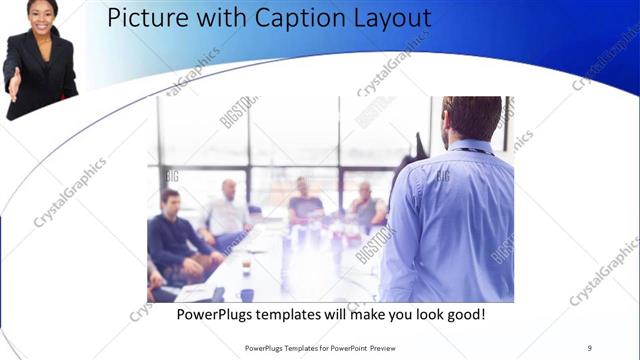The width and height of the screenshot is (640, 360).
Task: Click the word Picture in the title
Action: coord(141,18)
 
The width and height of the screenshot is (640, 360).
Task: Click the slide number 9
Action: coord(589,347)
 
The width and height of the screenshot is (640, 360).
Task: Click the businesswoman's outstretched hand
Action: coord(13,82)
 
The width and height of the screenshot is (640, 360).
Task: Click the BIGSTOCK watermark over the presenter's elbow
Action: coord(376,245)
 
